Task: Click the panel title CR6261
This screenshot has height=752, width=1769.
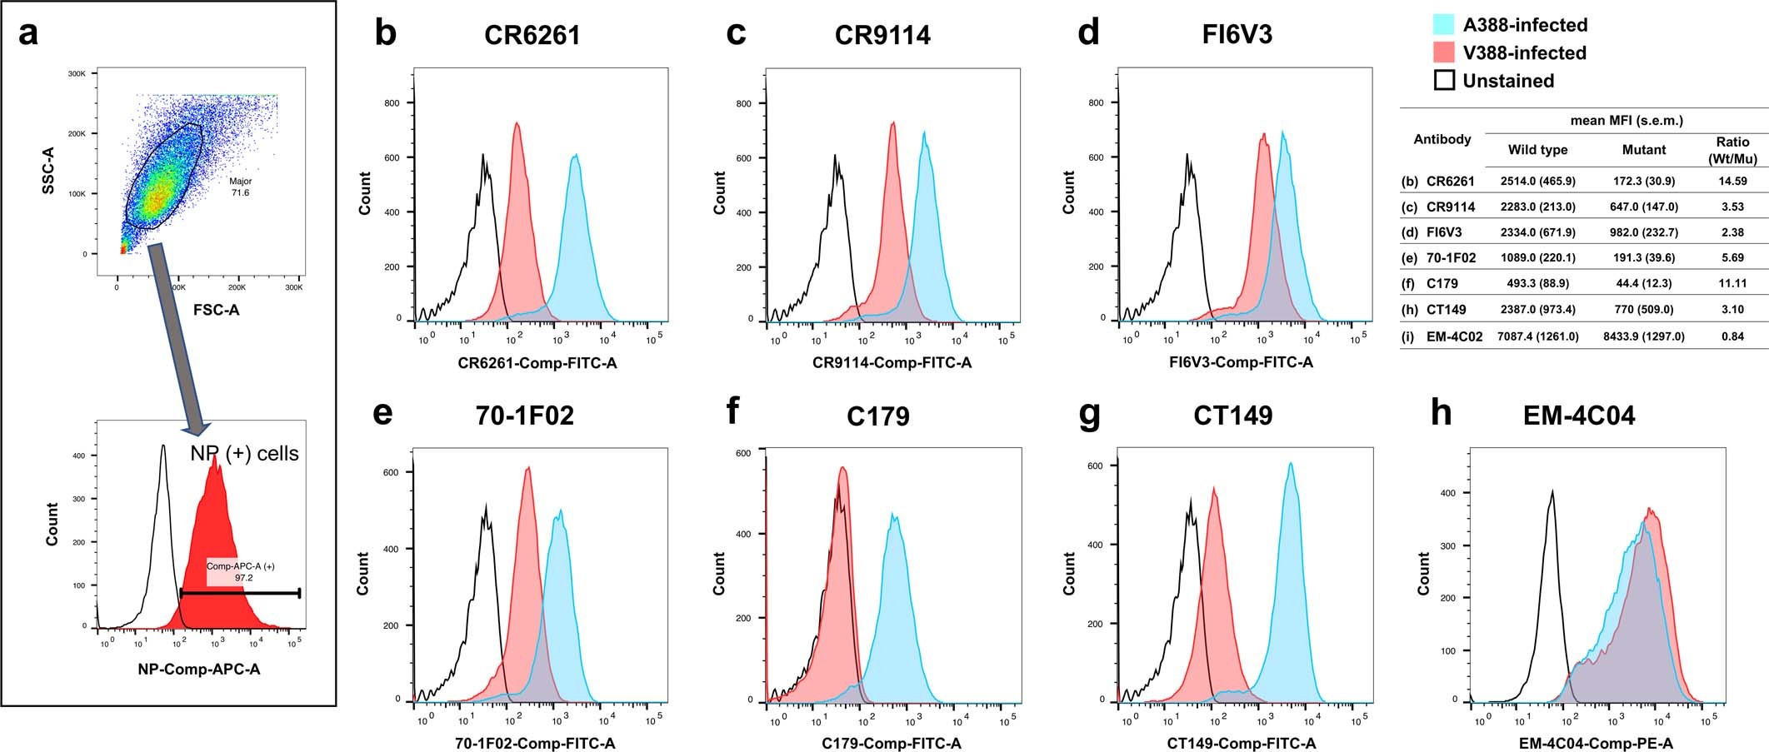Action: (532, 35)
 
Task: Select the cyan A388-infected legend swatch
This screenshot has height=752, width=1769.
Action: (1444, 24)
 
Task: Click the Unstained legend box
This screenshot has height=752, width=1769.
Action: (1444, 80)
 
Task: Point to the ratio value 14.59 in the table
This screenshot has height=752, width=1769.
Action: (1732, 181)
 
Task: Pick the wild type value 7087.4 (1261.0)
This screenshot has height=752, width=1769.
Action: (1537, 336)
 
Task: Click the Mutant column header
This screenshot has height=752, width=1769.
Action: (1643, 150)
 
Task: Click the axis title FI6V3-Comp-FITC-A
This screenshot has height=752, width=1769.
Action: (1241, 362)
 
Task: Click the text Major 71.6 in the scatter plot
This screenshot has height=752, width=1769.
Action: (240, 187)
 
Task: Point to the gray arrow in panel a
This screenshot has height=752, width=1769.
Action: (177, 333)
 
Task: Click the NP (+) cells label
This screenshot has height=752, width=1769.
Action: (244, 454)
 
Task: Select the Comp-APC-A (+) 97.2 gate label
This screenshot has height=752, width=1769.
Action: (242, 571)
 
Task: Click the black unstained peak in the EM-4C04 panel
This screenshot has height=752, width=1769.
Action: (1552, 493)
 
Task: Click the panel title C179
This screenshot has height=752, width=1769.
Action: (877, 416)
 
